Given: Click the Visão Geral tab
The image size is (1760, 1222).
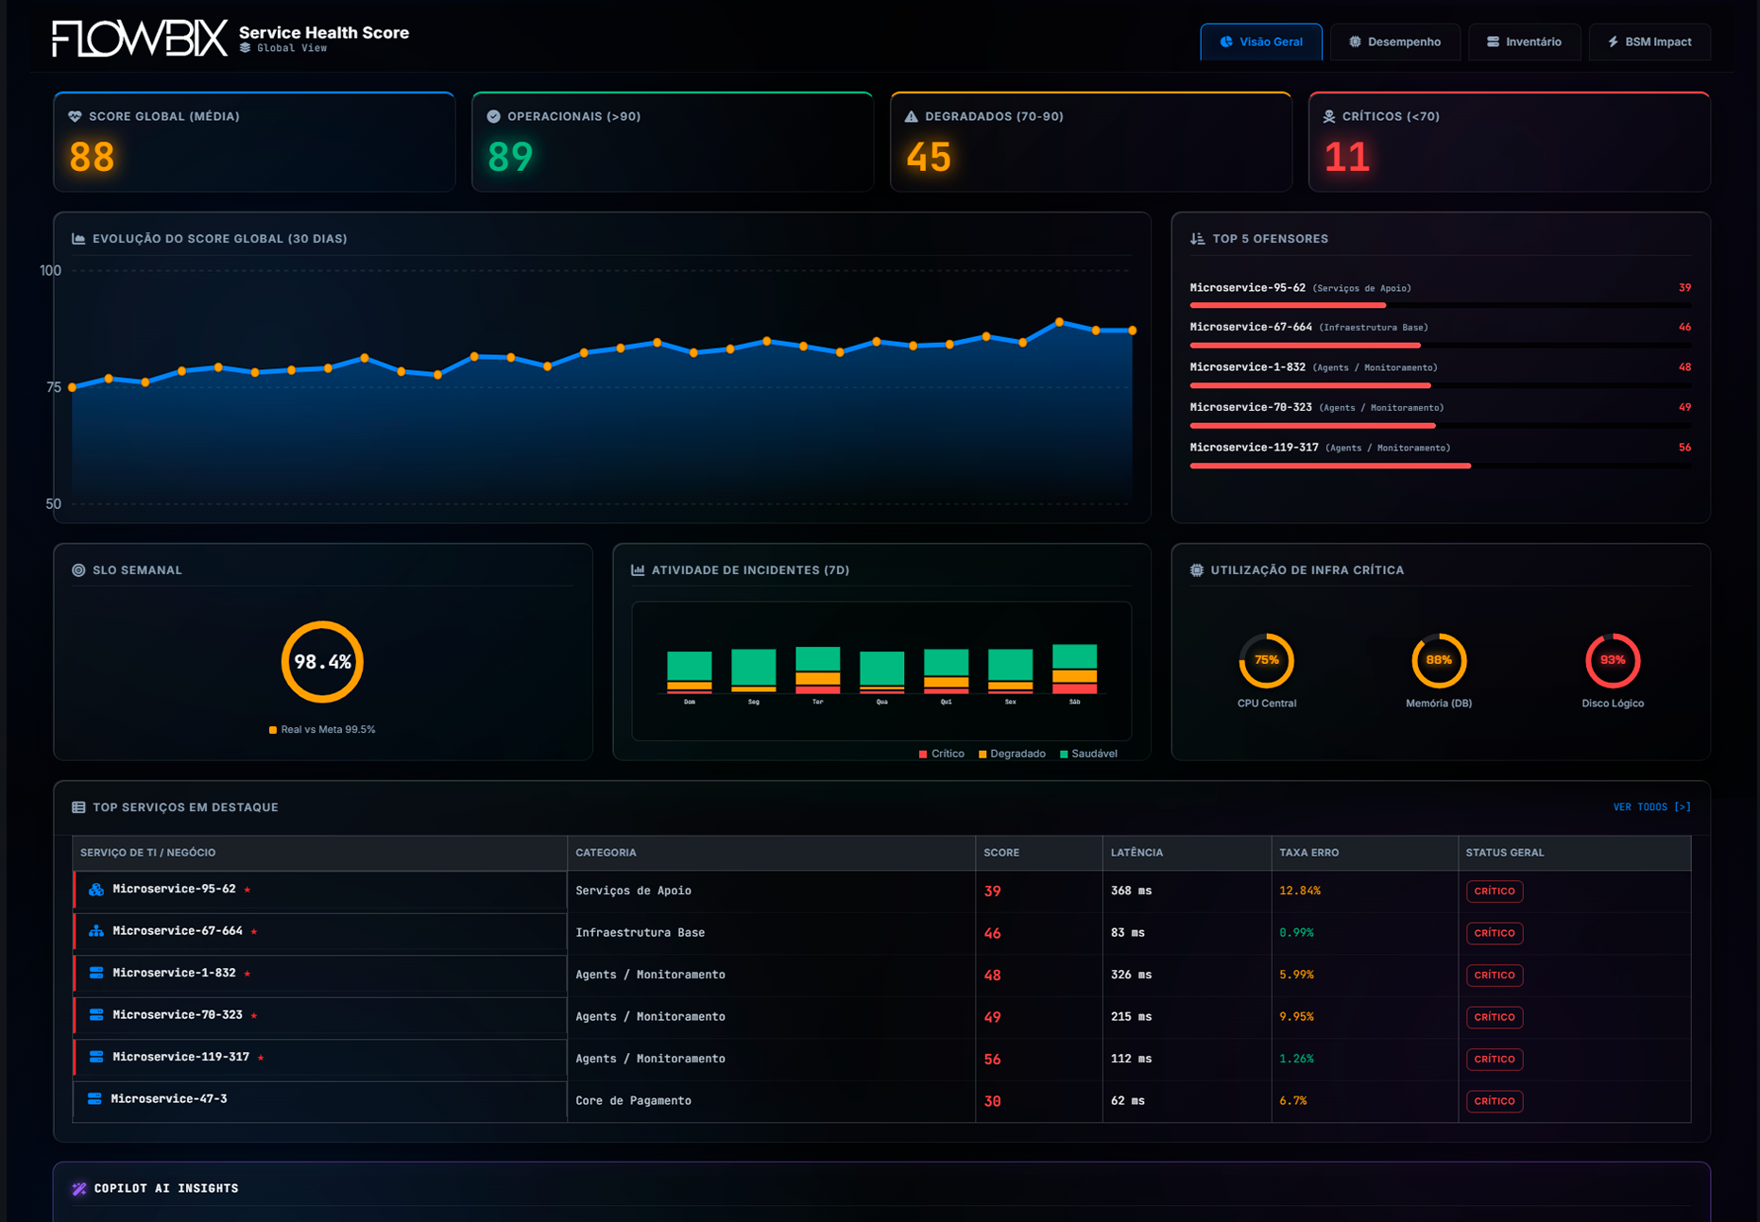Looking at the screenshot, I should click(x=1260, y=42).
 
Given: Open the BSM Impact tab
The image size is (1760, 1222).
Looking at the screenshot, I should click(x=1649, y=42).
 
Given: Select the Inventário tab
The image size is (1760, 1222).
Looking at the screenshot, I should click(x=1524, y=42).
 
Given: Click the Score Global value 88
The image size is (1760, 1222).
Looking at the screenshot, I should click(x=92, y=157).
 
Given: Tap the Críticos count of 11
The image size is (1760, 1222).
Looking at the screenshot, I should click(x=1346, y=157).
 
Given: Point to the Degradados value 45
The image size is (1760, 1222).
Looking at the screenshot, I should click(x=928, y=157).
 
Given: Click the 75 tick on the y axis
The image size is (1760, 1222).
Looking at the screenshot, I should click(x=53, y=387).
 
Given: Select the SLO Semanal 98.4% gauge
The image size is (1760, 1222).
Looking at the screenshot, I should click(x=322, y=661).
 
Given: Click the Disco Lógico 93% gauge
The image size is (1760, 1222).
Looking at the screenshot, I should click(x=1612, y=660).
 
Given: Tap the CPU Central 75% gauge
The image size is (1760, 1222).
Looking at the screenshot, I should click(x=1266, y=660).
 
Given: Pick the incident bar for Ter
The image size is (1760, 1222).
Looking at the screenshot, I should click(x=817, y=670).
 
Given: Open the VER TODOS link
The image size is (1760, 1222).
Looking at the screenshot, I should click(x=1651, y=806).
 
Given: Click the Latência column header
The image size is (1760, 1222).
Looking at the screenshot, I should click(x=1136, y=852).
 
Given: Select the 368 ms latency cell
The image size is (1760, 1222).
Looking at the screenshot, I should click(x=1131, y=891).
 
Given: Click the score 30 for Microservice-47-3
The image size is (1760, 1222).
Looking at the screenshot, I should click(x=992, y=1101).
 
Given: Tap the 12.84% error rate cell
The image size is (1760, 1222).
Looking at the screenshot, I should click(x=1299, y=891).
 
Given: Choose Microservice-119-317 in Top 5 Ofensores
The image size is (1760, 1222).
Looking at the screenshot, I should click(x=1254, y=448).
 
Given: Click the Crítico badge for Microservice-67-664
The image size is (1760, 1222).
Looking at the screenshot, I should click(x=1494, y=933).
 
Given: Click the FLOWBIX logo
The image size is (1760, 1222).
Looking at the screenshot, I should click(x=139, y=39).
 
